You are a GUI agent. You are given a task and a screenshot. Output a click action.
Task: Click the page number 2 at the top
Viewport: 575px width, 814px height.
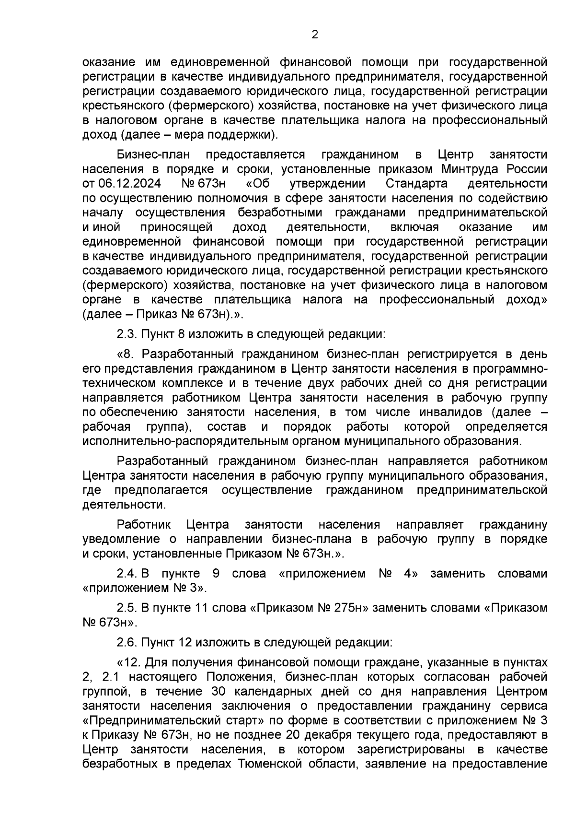pyautogui.click(x=314, y=35)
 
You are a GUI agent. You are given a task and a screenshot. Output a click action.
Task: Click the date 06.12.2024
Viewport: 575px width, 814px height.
pyautogui.click(x=129, y=184)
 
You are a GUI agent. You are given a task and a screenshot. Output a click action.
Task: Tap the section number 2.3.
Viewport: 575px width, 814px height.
pyautogui.click(x=126, y=334)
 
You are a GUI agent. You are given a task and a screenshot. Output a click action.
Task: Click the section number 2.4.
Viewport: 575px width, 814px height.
pyautogui.click(x=127, y=574)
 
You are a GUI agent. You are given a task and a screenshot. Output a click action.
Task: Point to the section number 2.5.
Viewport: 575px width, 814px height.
pyautogui.click(x=126, y=608)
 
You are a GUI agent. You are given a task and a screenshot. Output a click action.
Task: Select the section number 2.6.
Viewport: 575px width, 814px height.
pyautogui.click(x=126, y=642)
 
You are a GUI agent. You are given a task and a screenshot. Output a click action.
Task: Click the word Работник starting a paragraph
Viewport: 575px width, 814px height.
pyautogui.click(x=144, y=525)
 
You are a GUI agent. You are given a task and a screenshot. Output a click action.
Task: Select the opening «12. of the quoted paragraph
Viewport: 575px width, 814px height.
pyautogui.click(x=127, y=662)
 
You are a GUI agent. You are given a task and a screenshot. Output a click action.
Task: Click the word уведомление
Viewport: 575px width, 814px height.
pyautogui.click(x=123, y=539)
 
